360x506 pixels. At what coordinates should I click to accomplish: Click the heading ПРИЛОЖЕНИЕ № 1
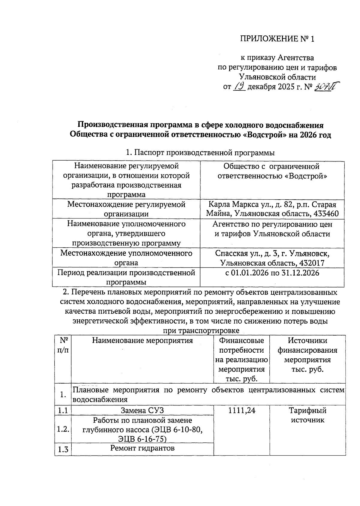(x=277, y=39)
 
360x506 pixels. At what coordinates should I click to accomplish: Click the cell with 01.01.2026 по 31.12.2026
(x=272, y=273)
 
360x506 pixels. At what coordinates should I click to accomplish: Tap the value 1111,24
(x=241, y=410)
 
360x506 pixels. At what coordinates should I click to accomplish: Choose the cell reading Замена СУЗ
(x=142, y=410)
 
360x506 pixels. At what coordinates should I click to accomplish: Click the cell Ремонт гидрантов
(x=142, y=448)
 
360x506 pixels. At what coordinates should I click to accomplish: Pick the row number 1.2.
(x=63, y=429)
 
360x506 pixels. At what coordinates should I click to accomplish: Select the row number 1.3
(x=63, y=449)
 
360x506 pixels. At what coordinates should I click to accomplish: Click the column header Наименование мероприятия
(x=142, y=340)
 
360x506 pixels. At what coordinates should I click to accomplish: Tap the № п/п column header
(x=63, y=345)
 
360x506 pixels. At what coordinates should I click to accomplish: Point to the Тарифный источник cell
(x=307, y=415)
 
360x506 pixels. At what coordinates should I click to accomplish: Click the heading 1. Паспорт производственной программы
(x=200, y=153)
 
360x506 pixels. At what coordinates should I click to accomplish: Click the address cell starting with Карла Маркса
(x=272, y=209)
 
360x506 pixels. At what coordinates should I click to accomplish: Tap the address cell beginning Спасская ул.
(x=272, y=258)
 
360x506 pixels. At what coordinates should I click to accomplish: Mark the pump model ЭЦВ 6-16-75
(x=142, y=439)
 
